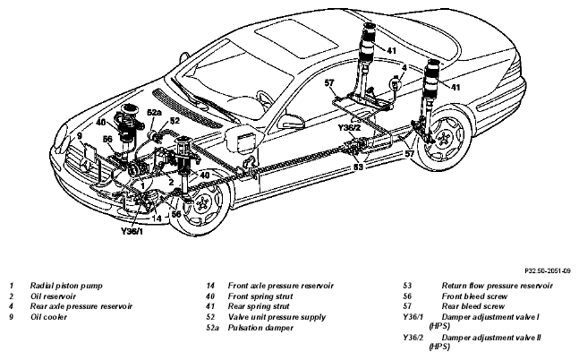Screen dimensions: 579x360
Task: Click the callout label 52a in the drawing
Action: pyautogui.click(x=154, y=113)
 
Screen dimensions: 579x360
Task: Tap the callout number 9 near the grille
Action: pyautogui.click(x=80, y=135)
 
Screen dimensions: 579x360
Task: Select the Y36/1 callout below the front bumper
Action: pyautogui.click(x=132, y=231)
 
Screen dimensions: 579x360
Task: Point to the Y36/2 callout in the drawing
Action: pyautogui.click(x=349, y=128)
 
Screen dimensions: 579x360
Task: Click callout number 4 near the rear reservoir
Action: pyautogui.click(x=404, y=68)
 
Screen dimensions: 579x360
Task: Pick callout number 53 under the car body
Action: pyautogui.click(x=358, y=167)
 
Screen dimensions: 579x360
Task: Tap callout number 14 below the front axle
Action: pyautogui.click(x=157, y=219)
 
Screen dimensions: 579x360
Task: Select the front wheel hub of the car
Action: pyautogui.click(x=201, y=203)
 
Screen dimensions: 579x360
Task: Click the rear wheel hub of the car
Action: pyautogui.click(x=442, y=140)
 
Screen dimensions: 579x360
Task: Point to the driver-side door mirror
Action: pyautogui.click(x=291, y=122)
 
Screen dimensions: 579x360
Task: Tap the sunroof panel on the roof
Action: pyautogui.click(x=296, y=39)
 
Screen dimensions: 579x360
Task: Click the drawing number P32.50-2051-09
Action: pyautogui.click(x=548, y=271)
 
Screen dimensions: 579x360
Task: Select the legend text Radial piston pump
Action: pyautogui.click(x=66, y=286)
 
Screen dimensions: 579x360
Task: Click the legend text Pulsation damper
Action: pyautogui.click(x=260, y=328)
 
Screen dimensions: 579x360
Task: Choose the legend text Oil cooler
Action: pyautogui.click(x=48, y=317)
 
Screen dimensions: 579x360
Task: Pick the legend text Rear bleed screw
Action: pyautogui.click(x=473, y=306)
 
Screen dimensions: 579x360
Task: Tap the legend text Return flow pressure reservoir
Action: pyautogui.click(x=497, y=286)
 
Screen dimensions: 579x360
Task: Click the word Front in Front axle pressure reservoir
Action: pyautogui.click(x=238, y=286)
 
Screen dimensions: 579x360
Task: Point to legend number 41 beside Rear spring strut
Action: pyautogui.click(x=210, y=306)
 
